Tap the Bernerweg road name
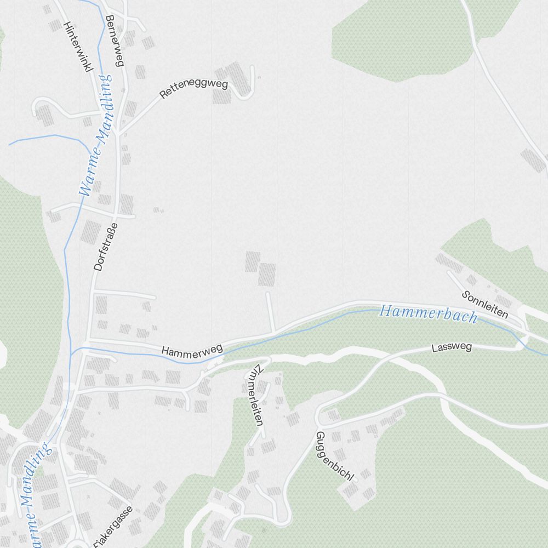tap(115, 40)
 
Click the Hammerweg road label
tap(192, 349)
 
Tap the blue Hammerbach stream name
tap(428, 314)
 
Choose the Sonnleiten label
tap(485, 305)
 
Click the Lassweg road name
tap(452, 347)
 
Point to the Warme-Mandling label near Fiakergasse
tap(30, 493)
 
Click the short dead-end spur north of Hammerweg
tap(270, 312)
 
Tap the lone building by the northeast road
tap(533, 159)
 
